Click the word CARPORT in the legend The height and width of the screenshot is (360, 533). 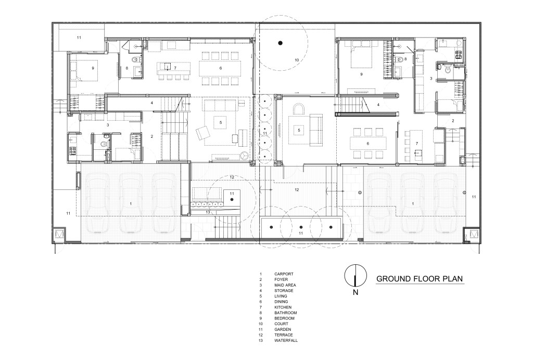(x=284, y=274)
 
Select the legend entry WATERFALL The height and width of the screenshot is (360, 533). (x=286, y=340)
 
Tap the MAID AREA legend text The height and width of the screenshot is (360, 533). (x=285, y=285)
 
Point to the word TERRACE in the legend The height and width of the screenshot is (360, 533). (x=284, y=335)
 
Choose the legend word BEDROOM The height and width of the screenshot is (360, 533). (x=285, y=318)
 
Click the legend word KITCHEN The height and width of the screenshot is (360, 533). (x=283, y=307)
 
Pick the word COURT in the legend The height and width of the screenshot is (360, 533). (x=281, y=324)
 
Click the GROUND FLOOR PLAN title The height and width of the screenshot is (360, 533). (x=420, y=279)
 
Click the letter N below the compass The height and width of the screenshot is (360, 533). (x=356, y=292)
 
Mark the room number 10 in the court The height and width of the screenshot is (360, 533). (x=297, y=60)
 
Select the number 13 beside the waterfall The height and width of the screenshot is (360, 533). (x=208, y=212)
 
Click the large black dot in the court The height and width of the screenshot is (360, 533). (x=280, y=43)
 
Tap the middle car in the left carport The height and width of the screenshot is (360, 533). (x=131, y=203)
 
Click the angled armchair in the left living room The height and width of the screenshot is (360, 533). (x=203, y=132)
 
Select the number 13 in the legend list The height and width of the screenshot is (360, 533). (x=261, y=340)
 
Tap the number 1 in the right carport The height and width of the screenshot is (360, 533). (x=413, y=203)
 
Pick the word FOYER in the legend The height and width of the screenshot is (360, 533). (x=281, y=279)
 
